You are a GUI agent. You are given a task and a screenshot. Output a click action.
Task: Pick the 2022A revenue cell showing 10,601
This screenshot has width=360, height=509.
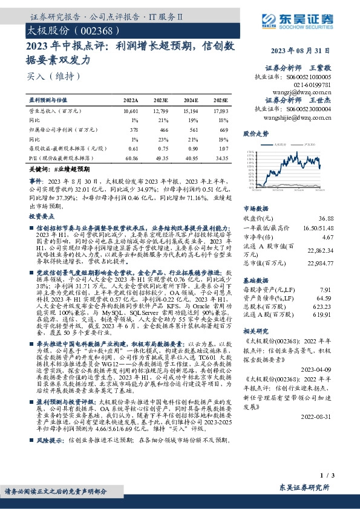coord(130,112)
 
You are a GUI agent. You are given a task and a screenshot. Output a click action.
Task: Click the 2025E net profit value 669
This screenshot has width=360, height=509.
coord(224,130)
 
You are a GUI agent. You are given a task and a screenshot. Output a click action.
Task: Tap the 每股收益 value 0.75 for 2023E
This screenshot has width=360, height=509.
coord(162,148)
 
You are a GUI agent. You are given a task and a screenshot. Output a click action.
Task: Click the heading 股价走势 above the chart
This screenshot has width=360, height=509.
coord(255,133)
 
